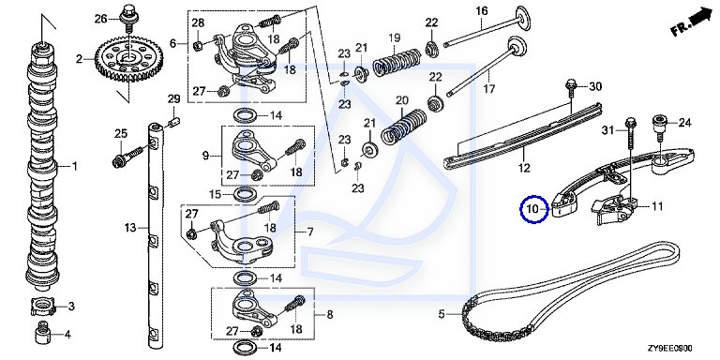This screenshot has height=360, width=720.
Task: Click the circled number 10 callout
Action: pos(534,209)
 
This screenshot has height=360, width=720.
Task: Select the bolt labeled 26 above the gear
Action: pos(127,17)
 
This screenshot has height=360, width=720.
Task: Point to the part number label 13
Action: pos(131,227)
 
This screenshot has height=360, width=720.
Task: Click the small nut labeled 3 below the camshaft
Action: pos(43,307)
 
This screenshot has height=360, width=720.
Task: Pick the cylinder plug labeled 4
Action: pos(42,333)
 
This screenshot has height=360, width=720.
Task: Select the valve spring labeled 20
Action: pos(404,126)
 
